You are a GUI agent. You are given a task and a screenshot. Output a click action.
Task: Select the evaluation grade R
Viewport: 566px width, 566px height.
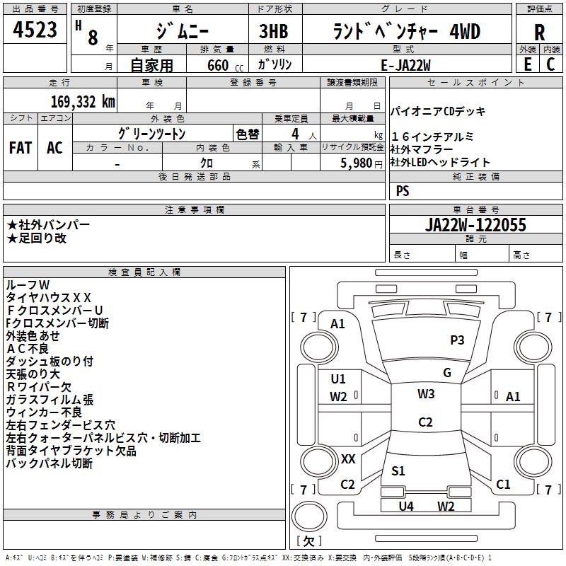(x=539, y=33)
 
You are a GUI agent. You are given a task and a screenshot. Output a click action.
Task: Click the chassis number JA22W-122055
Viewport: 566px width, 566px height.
(x=475, y=225)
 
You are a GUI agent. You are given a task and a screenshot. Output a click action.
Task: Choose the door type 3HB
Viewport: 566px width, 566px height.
(x=275, y=33)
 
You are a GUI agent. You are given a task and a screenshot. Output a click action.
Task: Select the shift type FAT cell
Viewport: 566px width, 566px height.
(x=20, y=148)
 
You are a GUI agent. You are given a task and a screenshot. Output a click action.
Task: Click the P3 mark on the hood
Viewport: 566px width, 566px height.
(x=457, y=340)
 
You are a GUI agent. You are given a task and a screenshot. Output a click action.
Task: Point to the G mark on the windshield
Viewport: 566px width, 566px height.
(x=447, y=373)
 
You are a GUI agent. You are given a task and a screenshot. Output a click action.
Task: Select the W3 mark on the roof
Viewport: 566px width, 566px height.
(x=426, y=394)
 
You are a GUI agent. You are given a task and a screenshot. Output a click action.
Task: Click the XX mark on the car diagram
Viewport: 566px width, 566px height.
(x=348, y=459)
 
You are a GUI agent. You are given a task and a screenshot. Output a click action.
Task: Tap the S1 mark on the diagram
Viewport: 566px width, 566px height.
(x=398, y=471)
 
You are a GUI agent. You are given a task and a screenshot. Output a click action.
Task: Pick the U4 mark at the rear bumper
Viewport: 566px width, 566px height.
(x=406, y=506)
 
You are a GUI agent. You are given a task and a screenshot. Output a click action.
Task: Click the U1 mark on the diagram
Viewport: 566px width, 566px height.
(x=338, y=379)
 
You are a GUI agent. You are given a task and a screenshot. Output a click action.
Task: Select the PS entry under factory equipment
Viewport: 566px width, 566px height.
(x=403, y=191)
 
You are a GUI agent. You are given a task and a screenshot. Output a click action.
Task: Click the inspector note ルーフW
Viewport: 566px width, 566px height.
(x=28, y=284)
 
